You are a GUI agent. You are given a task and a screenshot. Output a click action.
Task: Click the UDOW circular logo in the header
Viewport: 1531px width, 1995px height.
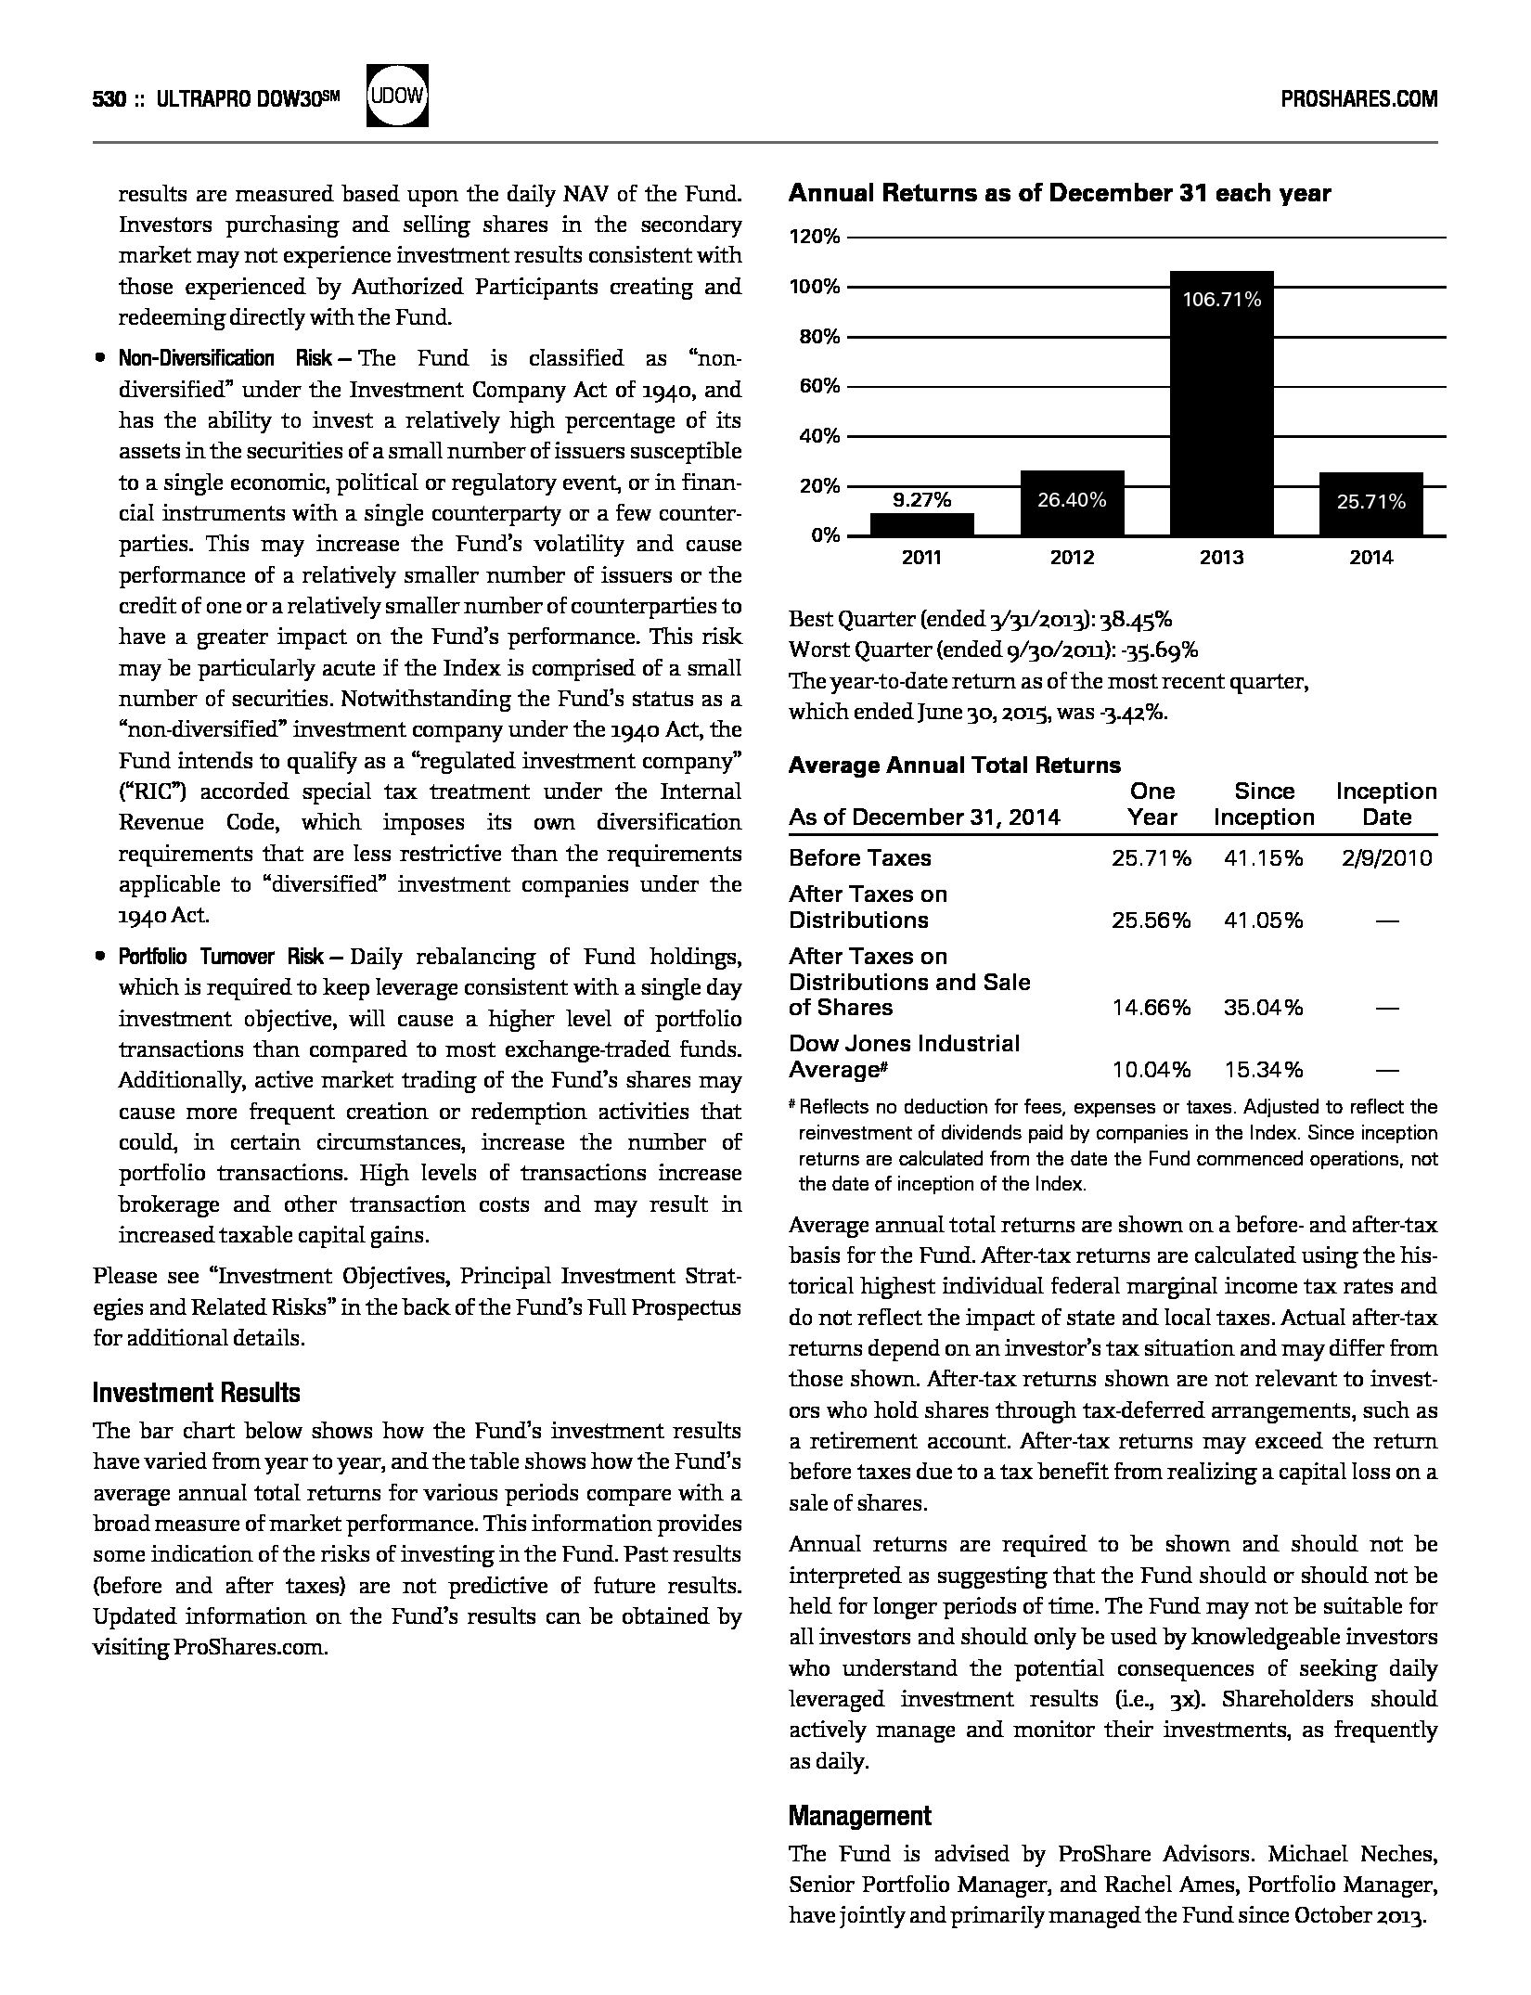398,96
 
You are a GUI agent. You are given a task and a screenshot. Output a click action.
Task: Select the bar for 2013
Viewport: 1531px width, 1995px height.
1221,403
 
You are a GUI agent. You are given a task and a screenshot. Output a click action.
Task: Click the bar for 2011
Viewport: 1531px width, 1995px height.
921,524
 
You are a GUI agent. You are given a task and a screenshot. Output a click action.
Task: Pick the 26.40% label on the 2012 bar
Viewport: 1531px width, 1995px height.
1072,500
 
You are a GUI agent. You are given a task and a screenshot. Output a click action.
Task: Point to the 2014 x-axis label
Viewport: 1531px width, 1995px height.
1370,557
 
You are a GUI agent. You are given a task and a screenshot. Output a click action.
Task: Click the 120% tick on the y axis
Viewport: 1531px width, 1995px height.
815,237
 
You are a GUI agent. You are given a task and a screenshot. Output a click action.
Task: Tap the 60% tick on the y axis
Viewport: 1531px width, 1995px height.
819,386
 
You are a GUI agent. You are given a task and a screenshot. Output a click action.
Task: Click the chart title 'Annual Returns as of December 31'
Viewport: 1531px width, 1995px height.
1059,194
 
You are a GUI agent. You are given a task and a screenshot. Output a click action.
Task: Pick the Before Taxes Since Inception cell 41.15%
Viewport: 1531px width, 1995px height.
1263,858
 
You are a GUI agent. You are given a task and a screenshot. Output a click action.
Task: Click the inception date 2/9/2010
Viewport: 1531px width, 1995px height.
1386,858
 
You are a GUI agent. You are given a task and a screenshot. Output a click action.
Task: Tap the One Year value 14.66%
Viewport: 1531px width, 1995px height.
1151,1008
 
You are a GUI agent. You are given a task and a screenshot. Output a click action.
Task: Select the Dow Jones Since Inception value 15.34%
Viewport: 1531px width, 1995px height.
1263,1070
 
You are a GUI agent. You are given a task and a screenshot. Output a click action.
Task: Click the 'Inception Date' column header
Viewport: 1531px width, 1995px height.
1386,804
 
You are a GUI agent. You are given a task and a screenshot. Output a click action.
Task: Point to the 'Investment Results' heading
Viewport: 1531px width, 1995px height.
197,1393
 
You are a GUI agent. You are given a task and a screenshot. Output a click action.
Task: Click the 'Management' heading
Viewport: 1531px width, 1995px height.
859,1816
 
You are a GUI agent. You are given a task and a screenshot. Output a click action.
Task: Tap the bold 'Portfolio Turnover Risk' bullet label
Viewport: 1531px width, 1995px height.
221,957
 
